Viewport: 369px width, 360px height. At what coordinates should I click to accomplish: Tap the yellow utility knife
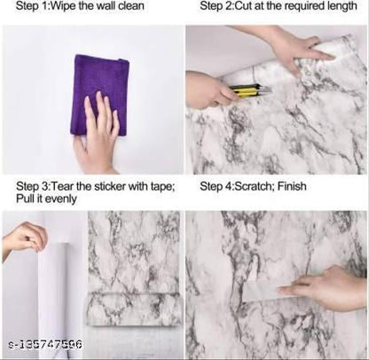click(251, 90)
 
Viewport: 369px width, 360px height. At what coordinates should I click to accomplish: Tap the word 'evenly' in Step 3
click(61, 199)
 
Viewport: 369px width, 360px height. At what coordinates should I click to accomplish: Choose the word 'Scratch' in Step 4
click(253, 186)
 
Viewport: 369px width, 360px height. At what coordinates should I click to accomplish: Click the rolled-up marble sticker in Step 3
click(133, 309)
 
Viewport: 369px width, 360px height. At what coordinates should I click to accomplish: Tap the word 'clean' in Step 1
click(130, 5)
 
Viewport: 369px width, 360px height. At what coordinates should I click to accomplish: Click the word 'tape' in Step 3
click(161, 187)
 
